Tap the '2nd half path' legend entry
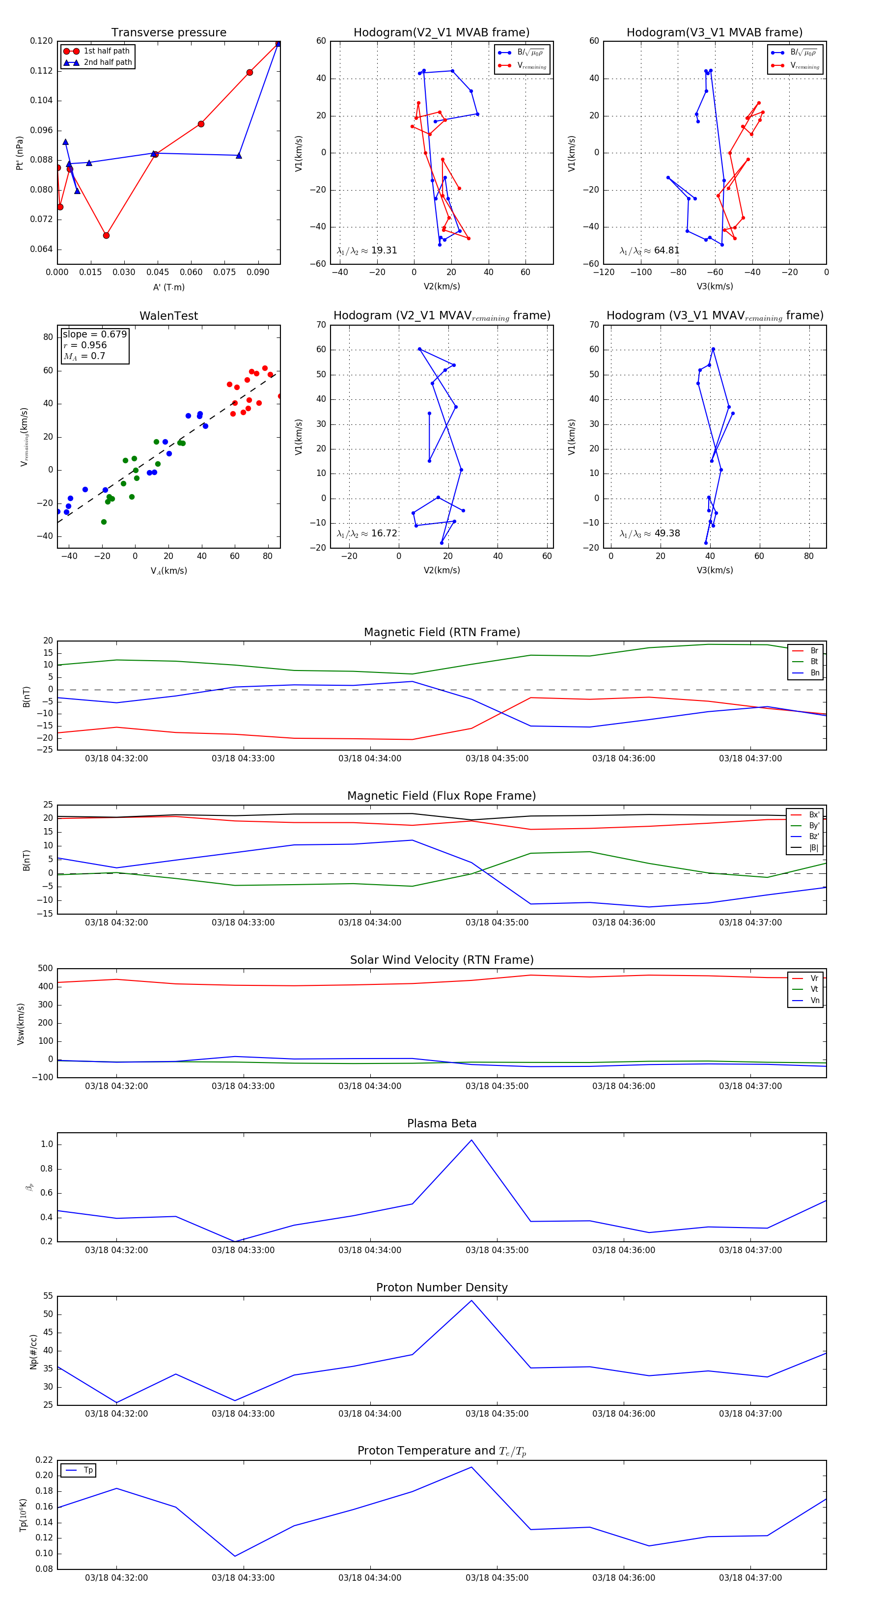pyautogui.click(x=108, y=62)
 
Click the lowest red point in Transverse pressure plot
pyautogui.click(x=107, y=235)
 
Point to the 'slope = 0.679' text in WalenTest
pyautogui.click(x=94, y=334)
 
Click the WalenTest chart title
pyautogui.click(x=168, y=316)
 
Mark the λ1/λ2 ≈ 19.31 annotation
pyautogui.click(x=367, y=251)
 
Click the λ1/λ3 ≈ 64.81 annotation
pyautogui.click(x=649, y=251)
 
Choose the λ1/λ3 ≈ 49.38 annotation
pyautogui.click(x=649, y=533)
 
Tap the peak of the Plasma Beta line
pyautogui.click(x=471, y=1140)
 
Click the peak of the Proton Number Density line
pyautogui.click(x=471, y=1301)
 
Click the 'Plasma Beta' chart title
pyautogui.click(x=442, y=1124)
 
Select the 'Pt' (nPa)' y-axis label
pyautogui.click(x=20, y=153)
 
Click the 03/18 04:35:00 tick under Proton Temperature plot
pyautogui.click(x=497, y=1578)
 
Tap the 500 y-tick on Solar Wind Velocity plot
pyautogui.click(x=45, y=969)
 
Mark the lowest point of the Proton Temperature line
pyautogui.click(x=235, y=1556)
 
